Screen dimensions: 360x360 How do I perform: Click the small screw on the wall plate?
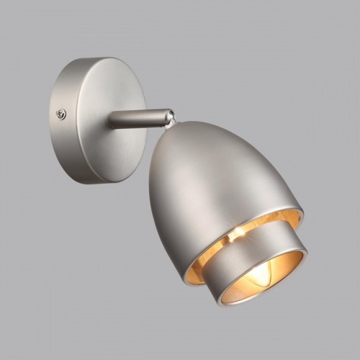click(x=61, y=114)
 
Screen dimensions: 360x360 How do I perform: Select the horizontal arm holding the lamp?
click(x=133, y=118)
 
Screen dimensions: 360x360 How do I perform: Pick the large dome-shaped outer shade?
click(x=209, y=180)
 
